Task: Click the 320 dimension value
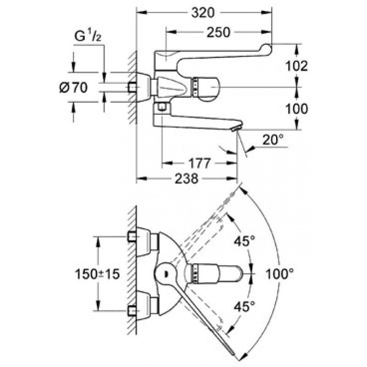[x=203, y=13]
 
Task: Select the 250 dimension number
[x=218, y=32]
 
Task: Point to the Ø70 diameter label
[x=73, y=88]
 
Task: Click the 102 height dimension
[x=296, y=66]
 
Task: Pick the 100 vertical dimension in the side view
[x=296, y=109]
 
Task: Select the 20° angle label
[x=272, y=140]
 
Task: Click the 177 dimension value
[x=200, y=163]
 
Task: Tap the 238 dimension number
[x=187, y=178]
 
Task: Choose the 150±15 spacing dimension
[x=97, y=273]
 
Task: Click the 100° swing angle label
[x=279, y=273]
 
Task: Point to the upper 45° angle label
[x=245, y=241]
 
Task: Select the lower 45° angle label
[x=245, y=306]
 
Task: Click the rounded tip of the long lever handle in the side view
[x=267, y=48]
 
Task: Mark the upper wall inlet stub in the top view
[x=132, y=236]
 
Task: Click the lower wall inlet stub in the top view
[x=132, y=311]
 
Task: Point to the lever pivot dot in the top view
[x=167, y=273]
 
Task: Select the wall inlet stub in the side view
[x=132, y=87]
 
